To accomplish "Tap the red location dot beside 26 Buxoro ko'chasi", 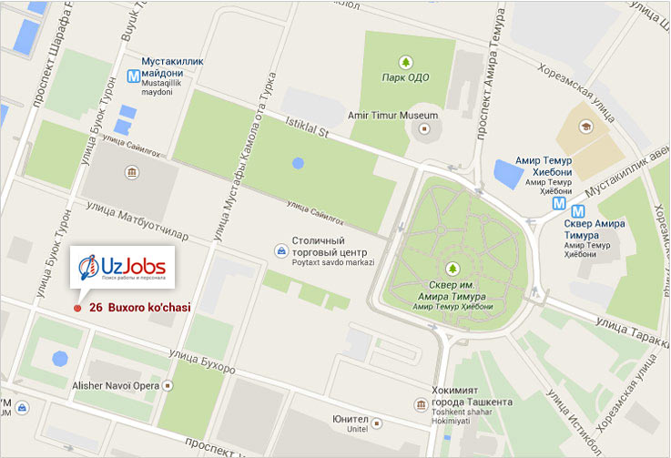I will point(77,309).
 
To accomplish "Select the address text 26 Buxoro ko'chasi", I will point(140,309).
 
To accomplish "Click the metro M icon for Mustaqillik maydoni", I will point(134,78).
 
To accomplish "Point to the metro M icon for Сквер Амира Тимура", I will point(557,205).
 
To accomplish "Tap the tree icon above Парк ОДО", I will point(405,62).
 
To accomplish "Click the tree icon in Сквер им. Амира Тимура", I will point(452,269).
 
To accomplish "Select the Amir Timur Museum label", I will point(393,116).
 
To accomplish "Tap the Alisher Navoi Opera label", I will point(115,385).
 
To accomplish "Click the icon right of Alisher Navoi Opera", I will point(168,385).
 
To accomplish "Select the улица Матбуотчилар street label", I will point(137,222).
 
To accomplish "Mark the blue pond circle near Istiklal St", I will point(299,165).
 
